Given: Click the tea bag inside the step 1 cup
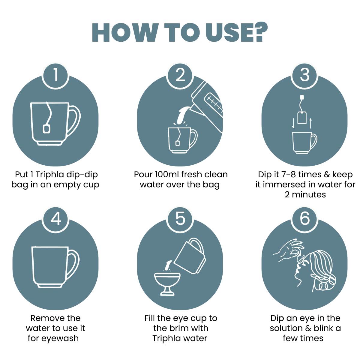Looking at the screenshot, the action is [x=46, y=129].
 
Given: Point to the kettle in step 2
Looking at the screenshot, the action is [x=207, y=105].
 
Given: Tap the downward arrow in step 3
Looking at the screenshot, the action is [x=293, y=123].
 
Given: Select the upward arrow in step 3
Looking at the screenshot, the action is [x=310, y=123].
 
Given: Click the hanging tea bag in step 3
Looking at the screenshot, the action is [x=302, y=117].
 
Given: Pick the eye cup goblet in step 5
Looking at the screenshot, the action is [x=167, y=284].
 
